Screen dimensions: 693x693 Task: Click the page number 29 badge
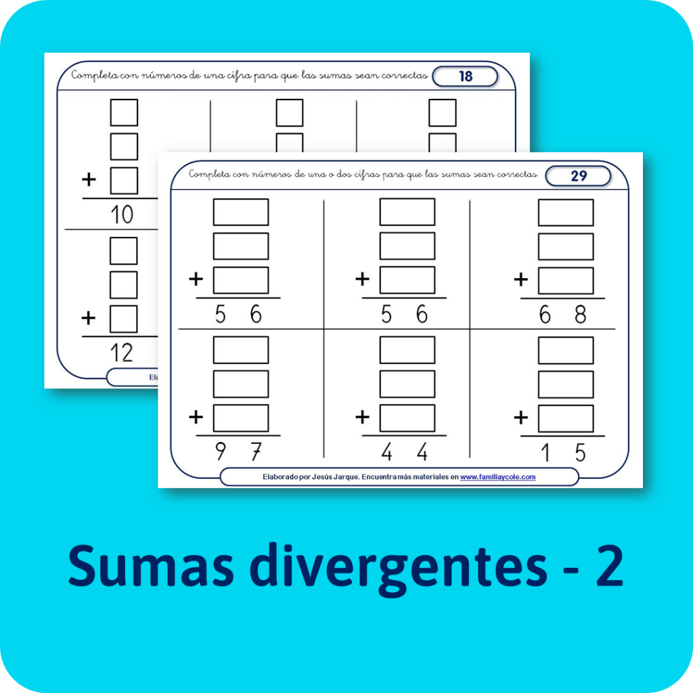tap(578, 176)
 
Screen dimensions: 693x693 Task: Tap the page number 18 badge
tap(465, 76)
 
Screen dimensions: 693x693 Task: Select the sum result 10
tap(122, 215)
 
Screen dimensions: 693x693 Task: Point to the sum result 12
tap(122, 352)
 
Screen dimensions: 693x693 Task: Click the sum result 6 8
tap(563, 315)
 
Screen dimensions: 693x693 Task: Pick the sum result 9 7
tap(238, 451)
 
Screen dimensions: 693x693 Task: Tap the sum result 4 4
tap(404, 451)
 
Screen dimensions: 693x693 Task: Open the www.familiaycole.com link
tap(497, 477)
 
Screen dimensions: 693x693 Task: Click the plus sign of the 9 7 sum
tap(196, 417)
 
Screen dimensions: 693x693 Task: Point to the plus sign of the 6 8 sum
tap(521, 279)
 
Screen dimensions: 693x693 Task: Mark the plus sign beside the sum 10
tap(89, 180)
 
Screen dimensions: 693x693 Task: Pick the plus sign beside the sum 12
tap(89, 317)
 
